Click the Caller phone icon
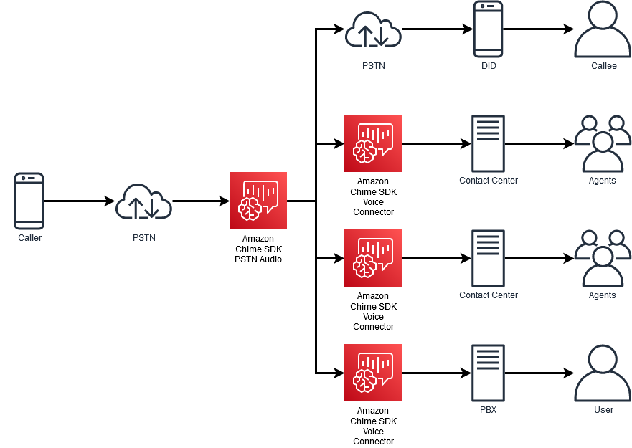point(29,201)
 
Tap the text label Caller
point(29,238)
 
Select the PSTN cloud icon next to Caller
point(144,201)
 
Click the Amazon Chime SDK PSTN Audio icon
point(258,201)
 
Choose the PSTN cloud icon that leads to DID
point(373,29)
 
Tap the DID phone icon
point(489,29)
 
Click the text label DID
point(489,66)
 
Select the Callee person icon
point(603,29)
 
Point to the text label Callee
point(603,66)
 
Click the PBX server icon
point(489,373)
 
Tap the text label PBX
point(489,410)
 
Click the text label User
point(603,410)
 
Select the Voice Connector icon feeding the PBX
point(373,373)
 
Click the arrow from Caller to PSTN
point(79,201)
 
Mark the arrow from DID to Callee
point(538,29)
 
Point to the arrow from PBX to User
point(538,373)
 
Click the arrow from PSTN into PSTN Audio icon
point(201,201)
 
